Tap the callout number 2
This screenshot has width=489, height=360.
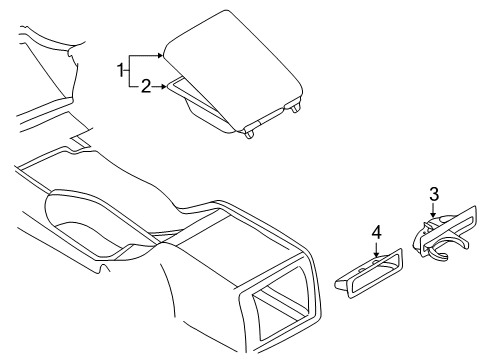[x=146, y=87]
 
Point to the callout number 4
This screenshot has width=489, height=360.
[x=376, y=233]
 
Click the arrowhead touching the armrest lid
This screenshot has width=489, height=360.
[x=160, y=54]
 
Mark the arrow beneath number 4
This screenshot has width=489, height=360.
[x=376, y=250]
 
